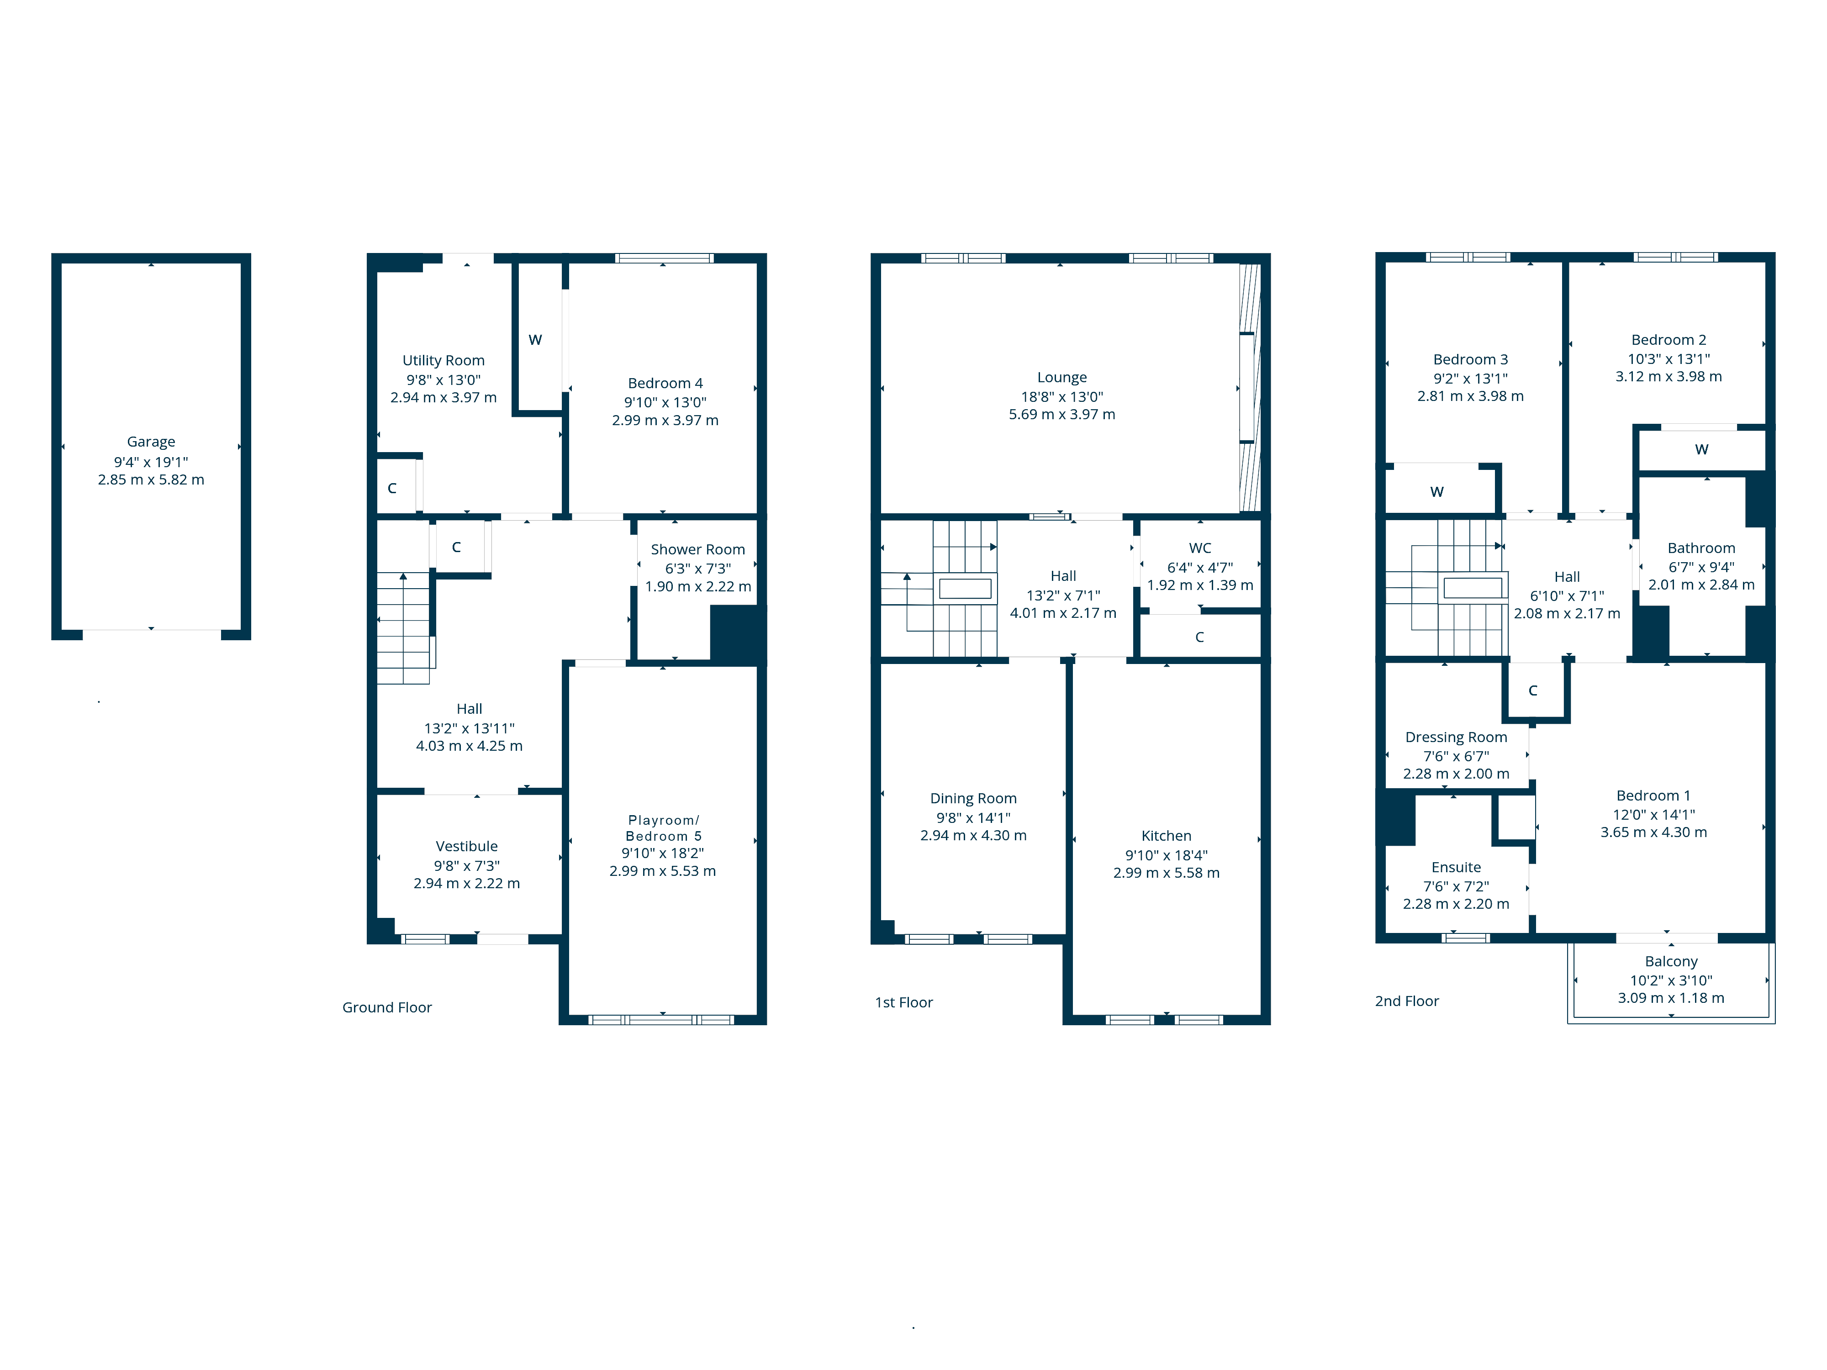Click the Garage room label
pos(151,442)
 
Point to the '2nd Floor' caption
pos(1407,1001)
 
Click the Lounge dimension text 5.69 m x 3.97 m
pos(1061,415)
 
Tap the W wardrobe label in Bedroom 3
pos(1436,492)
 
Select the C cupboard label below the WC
pos(1199,638)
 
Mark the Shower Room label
pos(698,549)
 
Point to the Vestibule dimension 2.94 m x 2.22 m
pos(467,884)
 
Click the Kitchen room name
pos(1166,836)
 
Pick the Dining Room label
pos(973,799)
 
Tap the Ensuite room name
pos(1456,867)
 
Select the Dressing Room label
pos(1456,738)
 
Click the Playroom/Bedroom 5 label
pos(663,828)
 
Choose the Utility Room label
pos(444,361)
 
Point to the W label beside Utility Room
pos(535,340)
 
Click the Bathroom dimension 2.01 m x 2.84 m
pos(1701,585)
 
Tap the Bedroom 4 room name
pos(665,383)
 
